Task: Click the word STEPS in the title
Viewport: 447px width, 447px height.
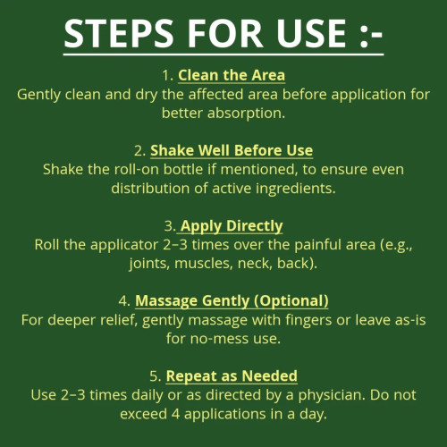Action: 119,33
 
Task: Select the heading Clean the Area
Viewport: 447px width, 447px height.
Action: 232,75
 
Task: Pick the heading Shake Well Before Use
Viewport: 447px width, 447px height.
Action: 232,150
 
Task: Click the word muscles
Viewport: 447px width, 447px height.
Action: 203,264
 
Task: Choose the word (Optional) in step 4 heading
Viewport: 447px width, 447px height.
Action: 291,300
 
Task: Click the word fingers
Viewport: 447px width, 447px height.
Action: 308,320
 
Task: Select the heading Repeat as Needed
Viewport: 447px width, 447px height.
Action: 232,376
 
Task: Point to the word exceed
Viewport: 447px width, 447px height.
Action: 143,414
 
